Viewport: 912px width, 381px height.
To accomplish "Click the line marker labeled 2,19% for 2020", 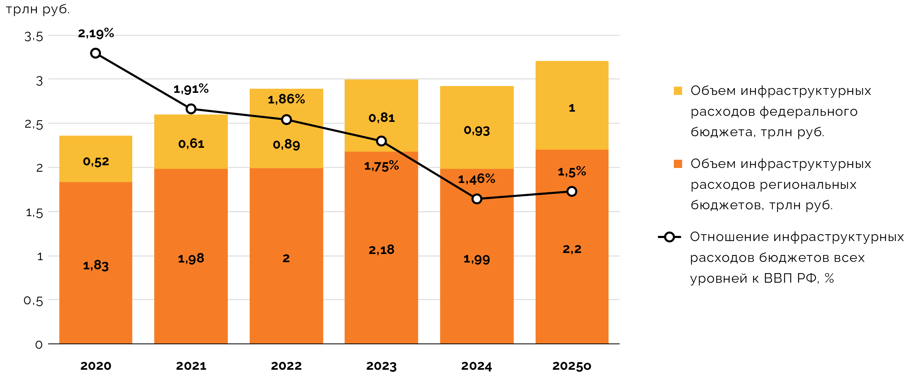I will point(95,53).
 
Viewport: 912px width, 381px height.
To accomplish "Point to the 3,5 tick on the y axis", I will point(33,37).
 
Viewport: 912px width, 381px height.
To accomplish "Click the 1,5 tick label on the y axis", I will point(34,213).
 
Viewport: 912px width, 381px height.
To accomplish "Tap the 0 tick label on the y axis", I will point(39,344).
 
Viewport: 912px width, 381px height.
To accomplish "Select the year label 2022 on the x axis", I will point(286,366).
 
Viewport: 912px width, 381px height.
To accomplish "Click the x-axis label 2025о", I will point(571,366).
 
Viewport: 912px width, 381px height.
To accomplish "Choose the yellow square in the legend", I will point(678,91).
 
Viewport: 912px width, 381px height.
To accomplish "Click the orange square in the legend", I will point(678,164).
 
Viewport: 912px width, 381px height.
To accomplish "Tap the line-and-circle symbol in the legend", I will point(669,237).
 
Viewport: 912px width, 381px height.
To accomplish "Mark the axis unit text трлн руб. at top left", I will point(38,9).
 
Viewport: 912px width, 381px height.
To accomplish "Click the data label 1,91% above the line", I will point(191,89).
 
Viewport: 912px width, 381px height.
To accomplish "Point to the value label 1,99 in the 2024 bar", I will point(476,259).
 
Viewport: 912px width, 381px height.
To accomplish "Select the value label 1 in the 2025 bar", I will point(572,108).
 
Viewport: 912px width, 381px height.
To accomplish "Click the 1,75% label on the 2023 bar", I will point(381,166).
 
